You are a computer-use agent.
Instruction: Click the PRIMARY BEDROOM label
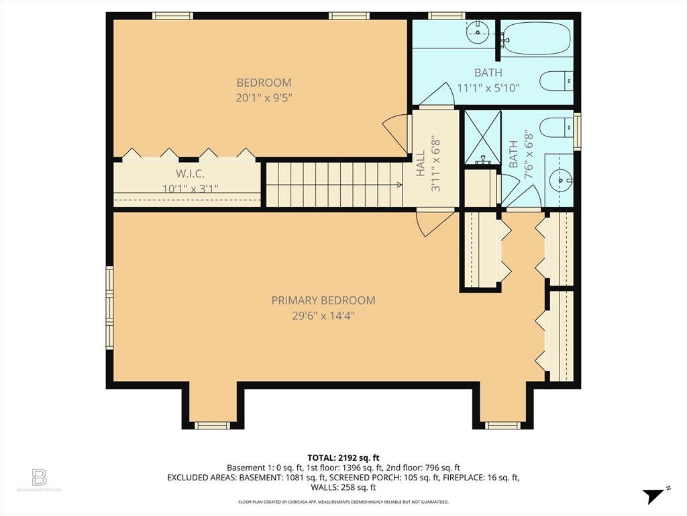[x=323, y=300]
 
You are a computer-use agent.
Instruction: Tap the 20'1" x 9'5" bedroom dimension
[x=264, y=97]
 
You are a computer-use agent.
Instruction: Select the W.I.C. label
[x=190, y=174]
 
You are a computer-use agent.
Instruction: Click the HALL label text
[x=421, y=164]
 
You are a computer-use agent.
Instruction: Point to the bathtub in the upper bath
[x=537, y=38]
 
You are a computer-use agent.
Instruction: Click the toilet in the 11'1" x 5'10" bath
[x=556, y=81]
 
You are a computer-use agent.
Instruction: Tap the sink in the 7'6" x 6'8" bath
[x=562, y=180]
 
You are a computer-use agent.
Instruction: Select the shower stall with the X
[x=482, y=137]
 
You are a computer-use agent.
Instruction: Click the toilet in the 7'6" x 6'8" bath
[x=556, y=128]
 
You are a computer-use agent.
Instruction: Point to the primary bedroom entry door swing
[x=435, y=224]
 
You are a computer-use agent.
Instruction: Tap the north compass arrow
[x=655, y=495]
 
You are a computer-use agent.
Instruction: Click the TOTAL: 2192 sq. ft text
[x=343, y=458]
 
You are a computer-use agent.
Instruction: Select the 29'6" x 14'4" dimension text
[x=323, y=316]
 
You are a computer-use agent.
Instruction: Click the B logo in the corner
[x=39, y=478]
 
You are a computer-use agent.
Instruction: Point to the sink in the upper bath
[x=477, y=32]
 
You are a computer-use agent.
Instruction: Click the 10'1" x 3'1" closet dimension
[x=190, y=189]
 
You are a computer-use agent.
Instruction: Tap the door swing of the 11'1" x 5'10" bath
[x=437, y=94]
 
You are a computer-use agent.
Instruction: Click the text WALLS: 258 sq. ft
[x=343, y=487]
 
